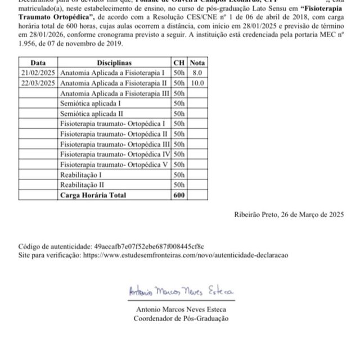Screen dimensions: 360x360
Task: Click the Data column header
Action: point(38,63)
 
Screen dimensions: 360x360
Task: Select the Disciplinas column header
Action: point(114,63)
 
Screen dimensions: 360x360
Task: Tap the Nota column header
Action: point(197,63)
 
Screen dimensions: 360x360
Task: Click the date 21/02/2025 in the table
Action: point(38,73)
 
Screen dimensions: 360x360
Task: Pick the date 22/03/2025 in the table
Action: point(38,83)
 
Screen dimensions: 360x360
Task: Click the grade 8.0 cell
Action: point(197,73)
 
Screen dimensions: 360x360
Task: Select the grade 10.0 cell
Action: point(197,83)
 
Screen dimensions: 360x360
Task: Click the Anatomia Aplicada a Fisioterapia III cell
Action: point(115,93)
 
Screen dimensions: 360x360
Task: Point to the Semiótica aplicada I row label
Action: point(90,103)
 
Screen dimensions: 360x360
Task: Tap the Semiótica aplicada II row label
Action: point(91,114)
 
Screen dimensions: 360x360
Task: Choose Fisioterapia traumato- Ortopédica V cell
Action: point(114,164)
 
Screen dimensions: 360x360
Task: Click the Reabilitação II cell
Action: point(82,184)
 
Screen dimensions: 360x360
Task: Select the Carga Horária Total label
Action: point(93,195)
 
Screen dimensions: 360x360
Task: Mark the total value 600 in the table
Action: point(179,195)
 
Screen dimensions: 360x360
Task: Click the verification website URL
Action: point(185,255)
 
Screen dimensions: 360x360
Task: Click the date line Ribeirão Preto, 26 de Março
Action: point(289,214)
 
